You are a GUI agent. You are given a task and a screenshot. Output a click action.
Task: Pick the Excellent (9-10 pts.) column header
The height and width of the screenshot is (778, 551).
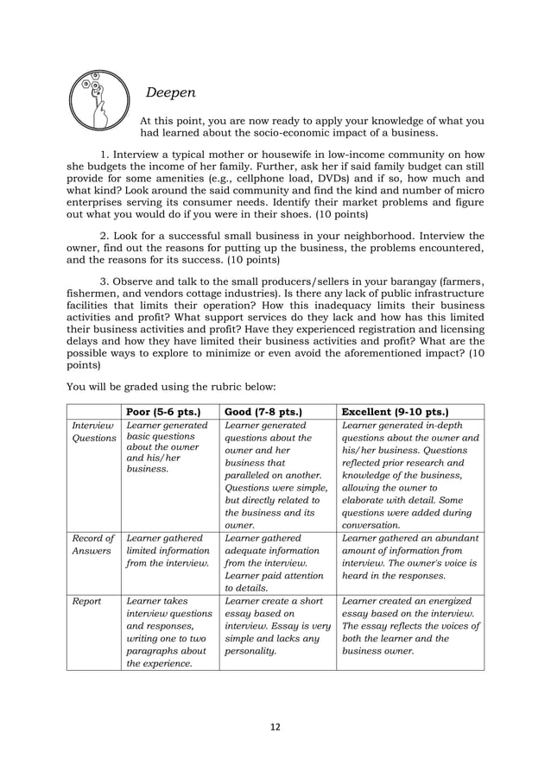[x=396, y=411]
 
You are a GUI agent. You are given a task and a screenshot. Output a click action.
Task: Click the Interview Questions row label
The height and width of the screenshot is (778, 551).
[x=92, y=432]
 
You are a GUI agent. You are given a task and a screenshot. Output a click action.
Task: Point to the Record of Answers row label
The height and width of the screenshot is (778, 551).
[x=92, y=545]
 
